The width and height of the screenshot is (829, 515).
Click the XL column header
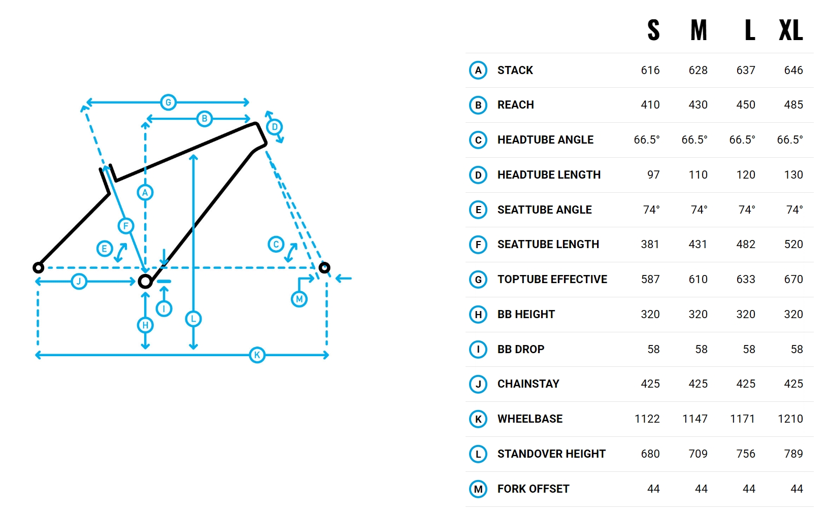click(791, 30)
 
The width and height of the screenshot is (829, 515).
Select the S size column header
click(653, 30)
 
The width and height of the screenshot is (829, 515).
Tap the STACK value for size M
click(698, 71)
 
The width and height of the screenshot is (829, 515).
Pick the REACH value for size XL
click(793, 105)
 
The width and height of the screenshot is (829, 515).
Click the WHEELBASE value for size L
click(742, 419)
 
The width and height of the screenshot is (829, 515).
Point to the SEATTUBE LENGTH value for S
click(650, 245)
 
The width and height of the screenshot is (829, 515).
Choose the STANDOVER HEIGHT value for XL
click(793, 454)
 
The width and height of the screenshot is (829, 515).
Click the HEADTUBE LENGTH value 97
click(653, 175)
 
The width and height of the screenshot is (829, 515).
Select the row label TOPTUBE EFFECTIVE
click(552, 280)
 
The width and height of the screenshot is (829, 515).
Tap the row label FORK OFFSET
click(534, 489)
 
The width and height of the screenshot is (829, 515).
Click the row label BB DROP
click(521, 349)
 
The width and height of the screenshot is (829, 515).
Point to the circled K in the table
click(478, 419)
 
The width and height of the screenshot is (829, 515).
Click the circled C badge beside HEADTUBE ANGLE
click(478, 140)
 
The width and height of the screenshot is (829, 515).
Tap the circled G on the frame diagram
click(169, 102)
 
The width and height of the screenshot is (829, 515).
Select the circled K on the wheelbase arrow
click(257, 355)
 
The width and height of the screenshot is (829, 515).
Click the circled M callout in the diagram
click(299, 299)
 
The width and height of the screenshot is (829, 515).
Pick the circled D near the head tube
click(275, 127)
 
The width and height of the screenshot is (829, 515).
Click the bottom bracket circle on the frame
click(146, 282)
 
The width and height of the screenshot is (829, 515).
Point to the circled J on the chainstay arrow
click(79, 282)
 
